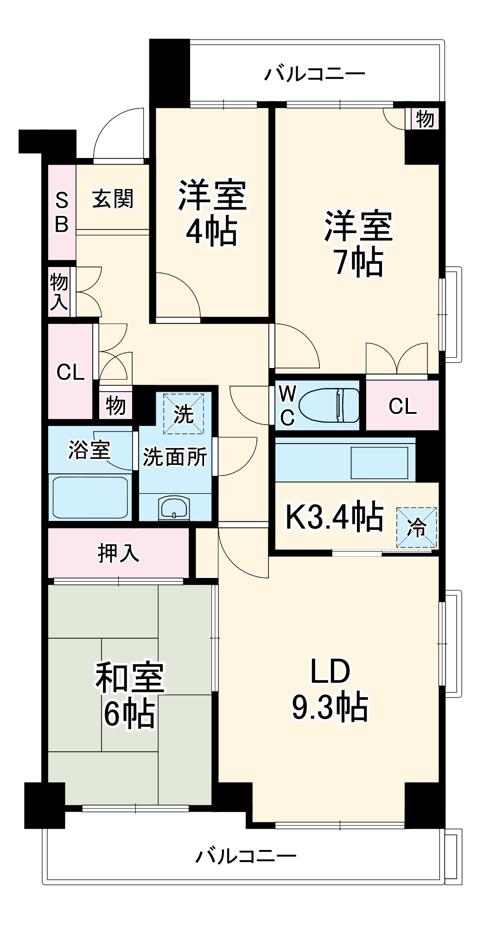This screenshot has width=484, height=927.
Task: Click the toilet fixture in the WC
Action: point(330,405)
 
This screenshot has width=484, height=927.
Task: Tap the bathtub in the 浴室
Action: point(90,497)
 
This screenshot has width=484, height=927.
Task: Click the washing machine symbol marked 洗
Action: point(184,413)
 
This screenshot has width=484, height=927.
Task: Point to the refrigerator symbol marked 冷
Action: point(417,527)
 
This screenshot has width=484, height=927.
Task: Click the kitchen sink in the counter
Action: point(380,462)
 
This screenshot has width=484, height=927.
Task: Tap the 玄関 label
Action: point(113,198)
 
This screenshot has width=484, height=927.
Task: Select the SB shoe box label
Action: point(62,213)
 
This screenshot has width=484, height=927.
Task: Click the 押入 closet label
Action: point(118,552)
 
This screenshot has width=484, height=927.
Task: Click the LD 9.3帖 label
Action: point(330,689)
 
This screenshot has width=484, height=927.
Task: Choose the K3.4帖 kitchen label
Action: point(334,516)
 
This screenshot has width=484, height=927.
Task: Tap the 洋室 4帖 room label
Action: point(212,212)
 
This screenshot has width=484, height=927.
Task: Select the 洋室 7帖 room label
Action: point(358,244)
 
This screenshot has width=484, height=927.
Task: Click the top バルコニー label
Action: point(315,74)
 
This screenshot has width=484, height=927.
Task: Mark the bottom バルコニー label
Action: point(246,856)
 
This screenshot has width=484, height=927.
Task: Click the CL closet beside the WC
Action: point(402,406)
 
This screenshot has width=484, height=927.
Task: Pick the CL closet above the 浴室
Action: point(70,372)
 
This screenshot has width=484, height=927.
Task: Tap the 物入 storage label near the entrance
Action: point(59,292)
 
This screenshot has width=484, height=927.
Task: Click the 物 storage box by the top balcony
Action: point(425,119)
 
